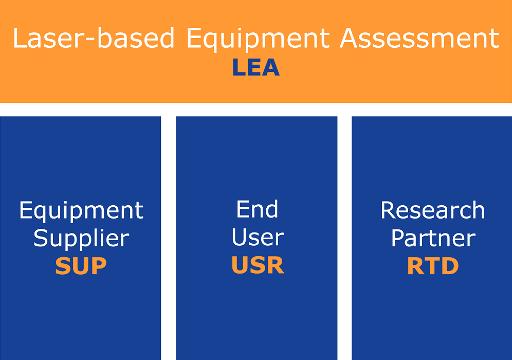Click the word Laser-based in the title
click(94, 38)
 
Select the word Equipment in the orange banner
click(258, 40)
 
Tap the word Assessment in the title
click(419, 38)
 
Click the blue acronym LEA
click(256, 67)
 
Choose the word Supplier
click(81, 239)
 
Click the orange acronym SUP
click(81, 265)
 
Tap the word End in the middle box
click(257, 209)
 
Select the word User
click(258, 237)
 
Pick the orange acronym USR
click(258, 265)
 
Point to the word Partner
click(433, 238)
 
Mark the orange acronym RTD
click(433, 266)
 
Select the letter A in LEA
click(271, 67)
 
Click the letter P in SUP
click(99, 265)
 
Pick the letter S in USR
click(258, 265)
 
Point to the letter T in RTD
click(433, 266)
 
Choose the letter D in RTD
click(451, 266)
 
